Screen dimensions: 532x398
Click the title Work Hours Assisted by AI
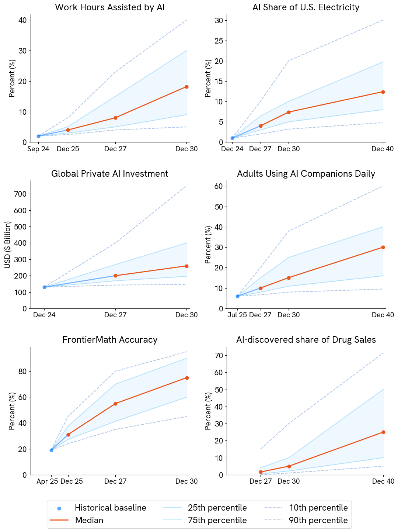click(x=109, y=7)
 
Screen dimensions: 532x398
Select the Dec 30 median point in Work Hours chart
click(x=186, y=87)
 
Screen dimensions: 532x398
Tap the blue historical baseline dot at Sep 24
click(x=38, y=136)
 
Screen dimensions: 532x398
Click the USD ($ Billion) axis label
click(x=8, y=244)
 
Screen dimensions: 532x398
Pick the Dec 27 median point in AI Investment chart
click(x=115, y=276)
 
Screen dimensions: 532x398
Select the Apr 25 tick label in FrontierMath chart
click(x=47, y=481)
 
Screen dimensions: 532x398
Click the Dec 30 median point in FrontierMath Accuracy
click(x=187, y=378)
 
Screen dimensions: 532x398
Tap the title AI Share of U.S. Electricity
click(x=306, y=7)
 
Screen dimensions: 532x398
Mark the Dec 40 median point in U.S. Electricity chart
click(x=383, y=92)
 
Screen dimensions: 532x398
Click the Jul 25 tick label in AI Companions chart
click(x=237, y=315)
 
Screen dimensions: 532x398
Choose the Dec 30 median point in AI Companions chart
click(x=289, y=278)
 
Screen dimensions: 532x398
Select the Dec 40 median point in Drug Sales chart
click(x=383, y=432)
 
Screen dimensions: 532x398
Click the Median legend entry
click(x=89, y=520)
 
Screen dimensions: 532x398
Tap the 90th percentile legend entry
click(x=318, y=520)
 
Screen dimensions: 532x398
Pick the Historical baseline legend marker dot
click(x=59, y=508)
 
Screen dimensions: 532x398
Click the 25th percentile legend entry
click(x=217, y=508)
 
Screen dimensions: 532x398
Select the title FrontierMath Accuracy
click(x=110, y=339)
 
